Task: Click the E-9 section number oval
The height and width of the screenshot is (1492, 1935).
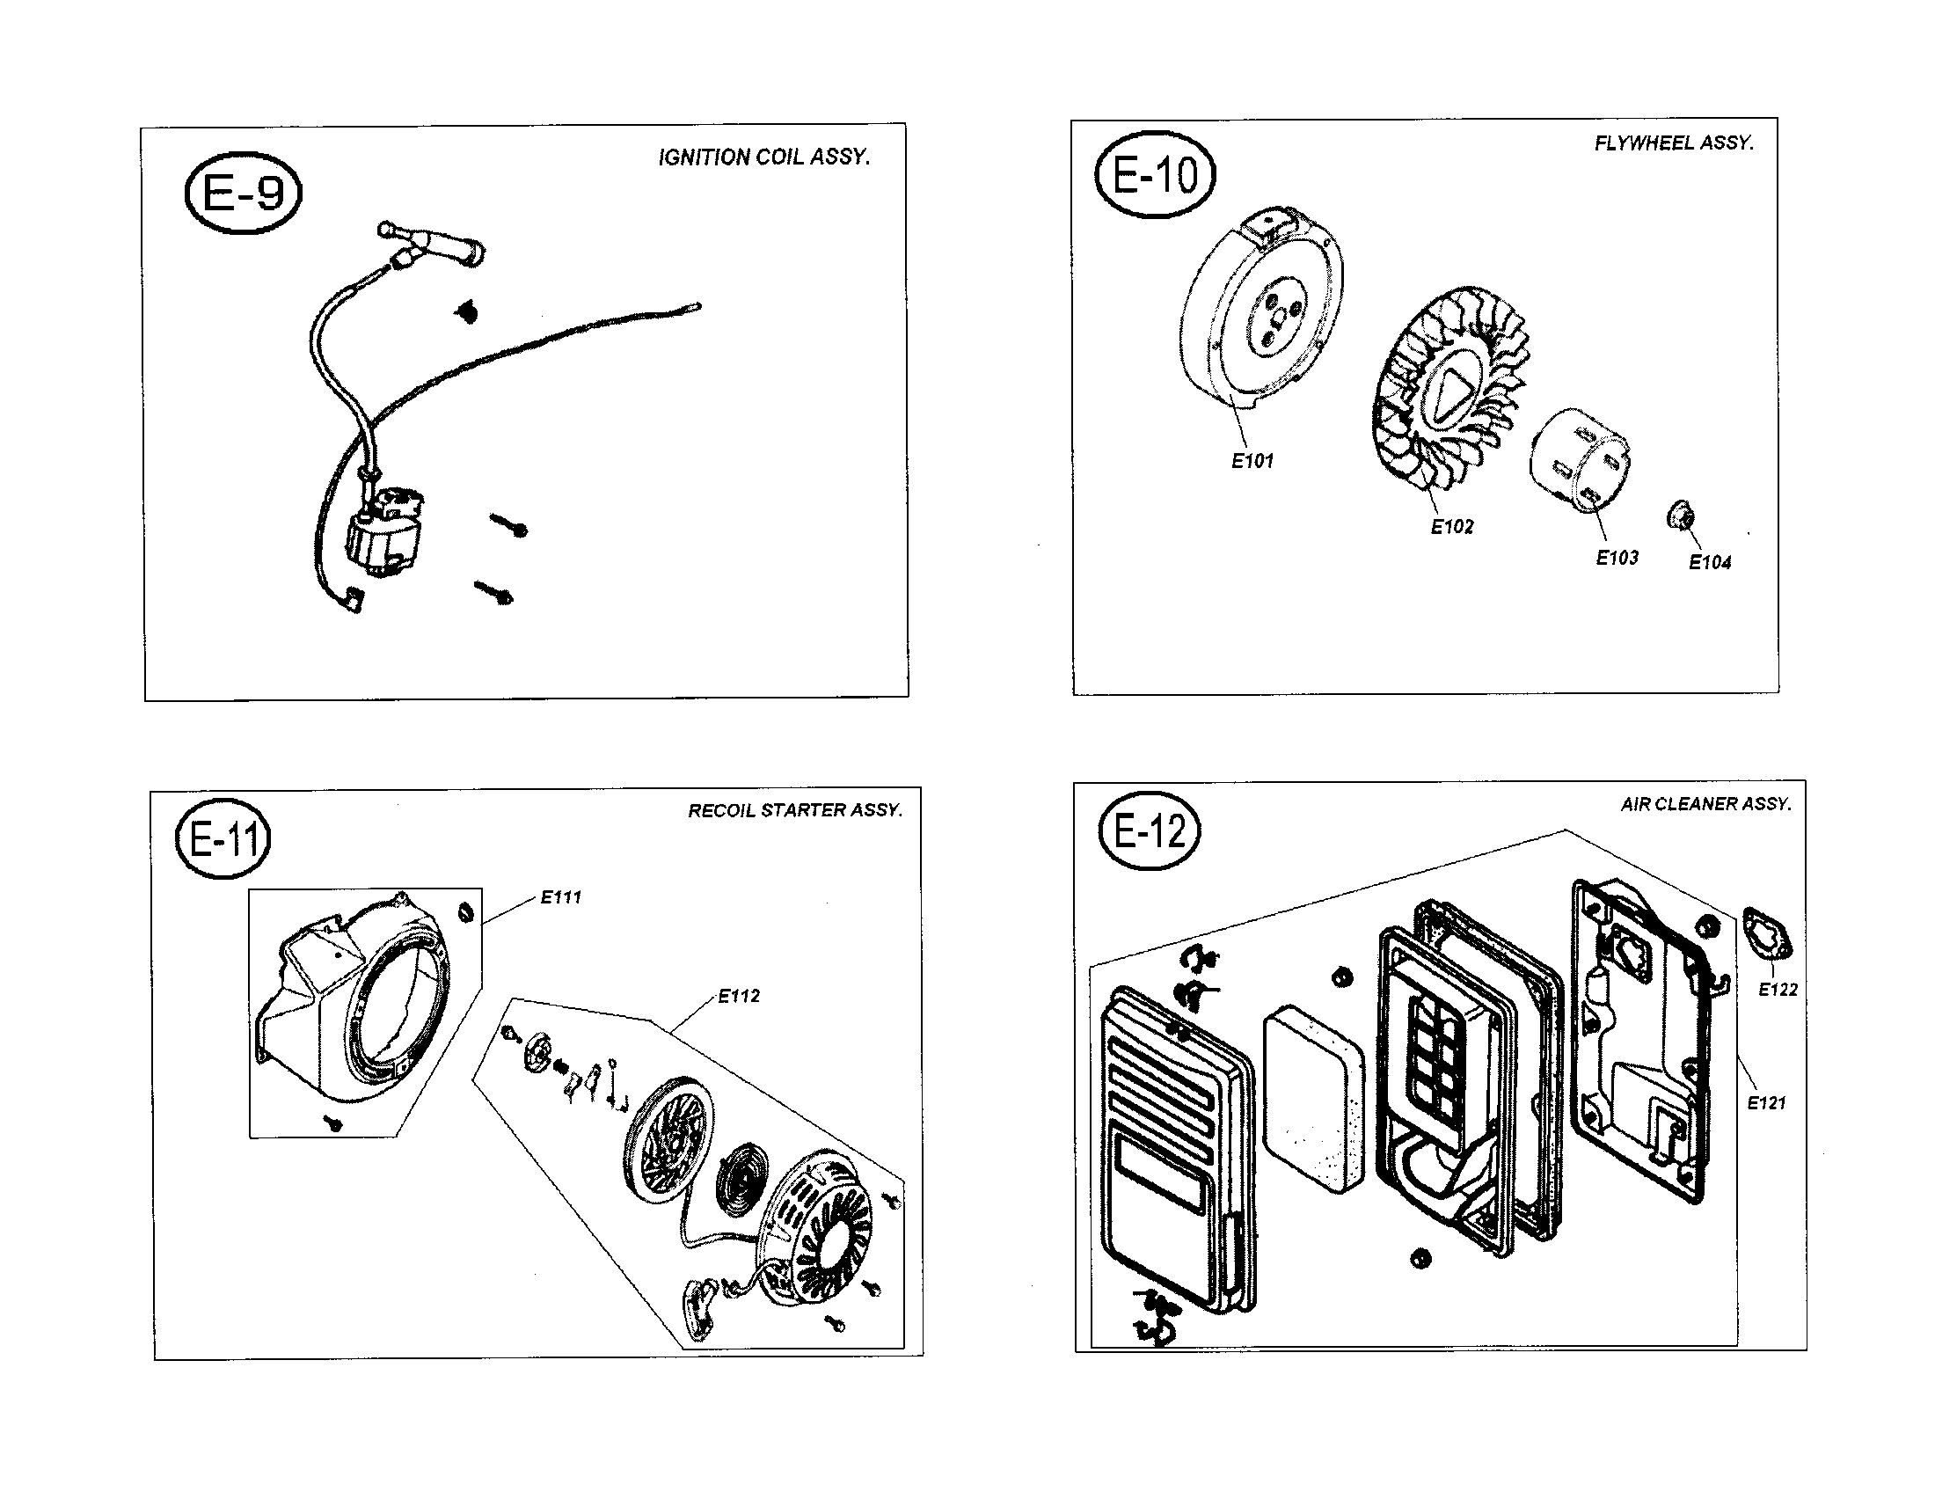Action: point(243,193)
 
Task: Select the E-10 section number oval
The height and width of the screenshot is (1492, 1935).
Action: point(1155,174)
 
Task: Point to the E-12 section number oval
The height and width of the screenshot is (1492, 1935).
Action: point(1150,831)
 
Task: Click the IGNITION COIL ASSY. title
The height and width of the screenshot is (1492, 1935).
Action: point(763,157)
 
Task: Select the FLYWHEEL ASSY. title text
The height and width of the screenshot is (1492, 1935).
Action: point(1673,143)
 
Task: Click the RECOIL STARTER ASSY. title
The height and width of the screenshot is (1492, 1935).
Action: point(795,810)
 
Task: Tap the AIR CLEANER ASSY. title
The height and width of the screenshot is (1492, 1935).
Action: point(1705,803)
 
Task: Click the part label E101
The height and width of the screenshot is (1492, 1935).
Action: point(1252,461)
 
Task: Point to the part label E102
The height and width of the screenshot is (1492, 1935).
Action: point(1452,527)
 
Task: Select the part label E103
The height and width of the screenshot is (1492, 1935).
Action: point(1617,557)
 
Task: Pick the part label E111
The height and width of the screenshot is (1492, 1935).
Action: point(561,897)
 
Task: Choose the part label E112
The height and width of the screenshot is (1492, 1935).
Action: point(738,996)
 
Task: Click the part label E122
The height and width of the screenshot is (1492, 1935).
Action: point(1778,990)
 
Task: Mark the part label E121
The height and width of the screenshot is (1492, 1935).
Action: point(1766,1103)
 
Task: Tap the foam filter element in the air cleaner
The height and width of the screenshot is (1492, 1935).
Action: point(1315,1099)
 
